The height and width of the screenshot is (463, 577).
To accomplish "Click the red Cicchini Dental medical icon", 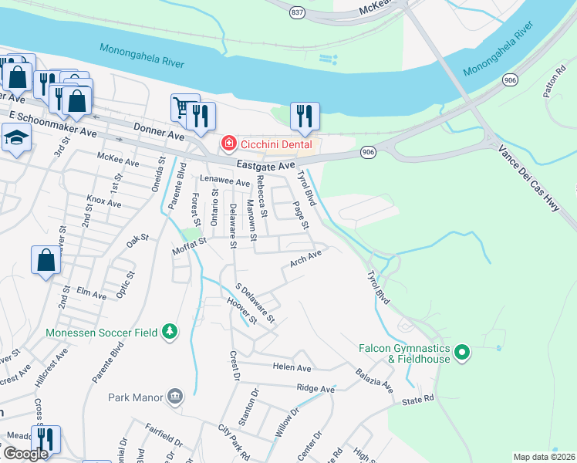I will coord(228,144).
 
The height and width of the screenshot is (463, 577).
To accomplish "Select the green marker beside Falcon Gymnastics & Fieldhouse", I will coord(462,353).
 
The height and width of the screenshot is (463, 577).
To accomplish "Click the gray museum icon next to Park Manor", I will coord(175,397).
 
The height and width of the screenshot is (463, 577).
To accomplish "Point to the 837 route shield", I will coord(298,12).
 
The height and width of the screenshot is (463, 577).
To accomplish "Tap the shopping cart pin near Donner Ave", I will coord(182,109).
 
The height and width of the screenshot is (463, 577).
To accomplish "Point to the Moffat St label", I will coord(190,242).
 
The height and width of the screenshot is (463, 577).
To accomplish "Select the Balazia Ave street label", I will coord(375,378).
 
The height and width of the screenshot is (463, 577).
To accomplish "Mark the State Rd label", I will coord(418,400).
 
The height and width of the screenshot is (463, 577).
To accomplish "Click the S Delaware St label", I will coord(254,303).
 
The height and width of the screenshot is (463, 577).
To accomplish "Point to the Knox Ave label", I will coord(103,202).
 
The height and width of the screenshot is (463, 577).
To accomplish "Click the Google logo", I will coord(25,454).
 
